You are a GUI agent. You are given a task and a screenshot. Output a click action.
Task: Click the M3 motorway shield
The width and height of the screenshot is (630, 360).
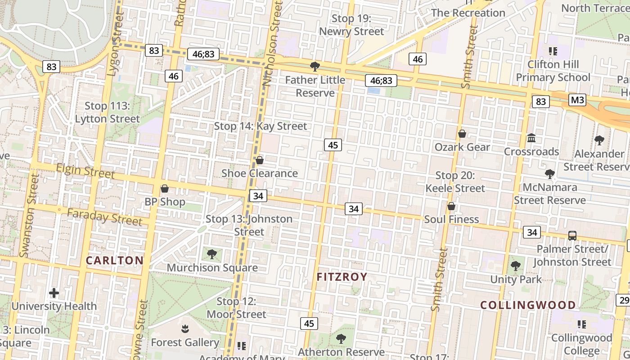click(577, 99)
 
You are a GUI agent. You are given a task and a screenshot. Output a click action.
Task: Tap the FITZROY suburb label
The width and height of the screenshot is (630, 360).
click(342, 277)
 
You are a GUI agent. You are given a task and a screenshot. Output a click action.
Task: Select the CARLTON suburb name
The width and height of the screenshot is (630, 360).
click(115, 260)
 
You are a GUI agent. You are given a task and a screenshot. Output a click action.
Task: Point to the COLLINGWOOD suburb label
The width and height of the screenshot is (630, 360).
click(528, 305)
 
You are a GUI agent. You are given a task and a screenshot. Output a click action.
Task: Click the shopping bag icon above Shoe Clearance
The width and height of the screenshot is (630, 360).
click(260, 160)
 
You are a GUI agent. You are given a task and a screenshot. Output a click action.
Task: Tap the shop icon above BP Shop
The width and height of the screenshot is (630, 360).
click(165, 189)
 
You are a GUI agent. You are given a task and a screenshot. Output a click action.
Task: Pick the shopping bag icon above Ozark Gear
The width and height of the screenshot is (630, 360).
click(462, 134)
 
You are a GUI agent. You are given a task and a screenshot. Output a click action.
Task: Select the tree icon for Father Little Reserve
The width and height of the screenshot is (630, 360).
click(315, 67)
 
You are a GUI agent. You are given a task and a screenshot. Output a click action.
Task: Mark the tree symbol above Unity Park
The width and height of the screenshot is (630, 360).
click(516, 266)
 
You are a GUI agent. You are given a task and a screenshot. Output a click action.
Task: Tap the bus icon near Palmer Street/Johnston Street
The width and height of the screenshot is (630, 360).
click(572, 235)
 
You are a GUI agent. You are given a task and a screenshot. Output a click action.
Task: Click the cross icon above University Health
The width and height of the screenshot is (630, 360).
click(54, 293)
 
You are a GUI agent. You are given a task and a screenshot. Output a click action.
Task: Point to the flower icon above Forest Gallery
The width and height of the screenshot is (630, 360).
click(185, 329)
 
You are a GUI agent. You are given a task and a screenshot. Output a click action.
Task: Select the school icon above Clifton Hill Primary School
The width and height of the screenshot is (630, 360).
click(553, 51)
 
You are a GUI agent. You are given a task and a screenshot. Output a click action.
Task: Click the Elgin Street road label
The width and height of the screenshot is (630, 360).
click(86, 171)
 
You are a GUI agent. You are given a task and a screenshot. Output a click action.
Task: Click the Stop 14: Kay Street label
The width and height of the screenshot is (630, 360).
click(261, 126)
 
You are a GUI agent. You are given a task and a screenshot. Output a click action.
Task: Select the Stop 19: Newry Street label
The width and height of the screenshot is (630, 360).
click(351, 25)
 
